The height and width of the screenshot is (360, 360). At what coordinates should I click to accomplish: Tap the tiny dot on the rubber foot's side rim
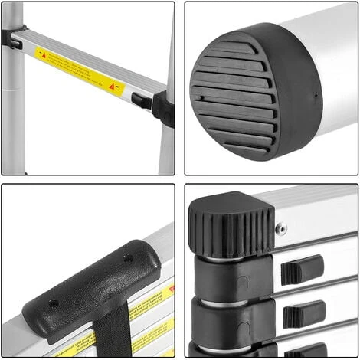click(x=316, y=97)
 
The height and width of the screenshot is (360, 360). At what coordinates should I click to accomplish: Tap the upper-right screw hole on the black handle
click(x=128, y=259)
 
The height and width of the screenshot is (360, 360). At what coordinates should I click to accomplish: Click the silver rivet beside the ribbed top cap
click(x=281, y=227)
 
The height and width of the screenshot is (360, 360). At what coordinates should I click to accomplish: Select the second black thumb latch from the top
click(x=304, y=313)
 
